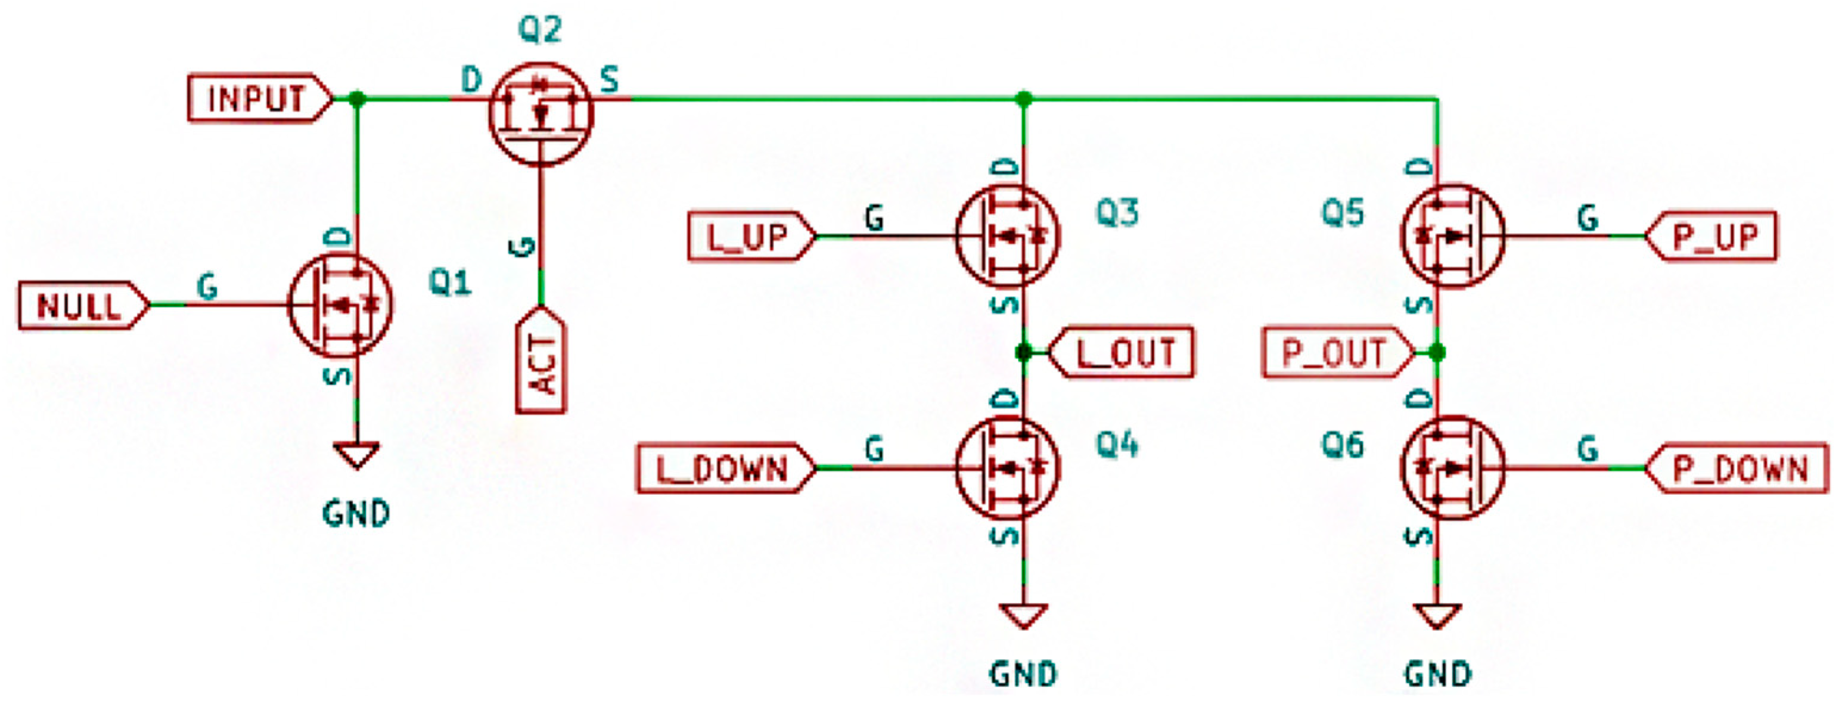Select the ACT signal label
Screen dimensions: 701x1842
[x=541, y=362]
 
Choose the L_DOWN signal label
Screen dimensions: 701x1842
[x=723, y=469]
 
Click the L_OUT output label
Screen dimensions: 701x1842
[x=1123, y=352]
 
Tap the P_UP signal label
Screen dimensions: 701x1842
[x=1713, y=236]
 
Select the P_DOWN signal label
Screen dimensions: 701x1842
[x=1738, y=469]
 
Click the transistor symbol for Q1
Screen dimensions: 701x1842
[x=340, y=305]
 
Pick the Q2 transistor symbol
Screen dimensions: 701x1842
[x=541, y=114]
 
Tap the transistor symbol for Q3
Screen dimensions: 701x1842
[x=1008, y=236]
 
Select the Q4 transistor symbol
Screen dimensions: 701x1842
[x=1008, y=469]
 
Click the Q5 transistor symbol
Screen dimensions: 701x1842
[x=1453, y=236]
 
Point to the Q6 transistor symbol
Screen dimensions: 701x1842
[x=1453, y=469]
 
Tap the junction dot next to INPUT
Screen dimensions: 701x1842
[x=357, y=99]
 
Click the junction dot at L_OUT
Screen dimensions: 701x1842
[x=1024, y=352]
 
